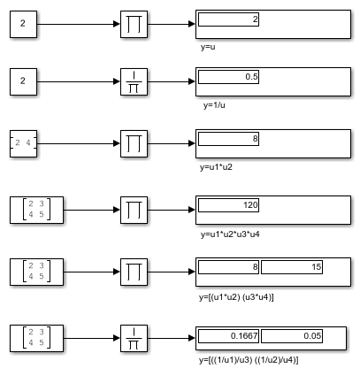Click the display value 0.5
point(251,77)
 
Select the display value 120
point(250,205)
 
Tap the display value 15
point(317,267)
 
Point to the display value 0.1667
point(244,336)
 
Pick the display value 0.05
point(312,336)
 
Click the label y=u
point(208,47)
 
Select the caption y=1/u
point(214,105)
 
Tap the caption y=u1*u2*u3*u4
point(230,234)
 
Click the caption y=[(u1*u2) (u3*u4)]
point(236,297)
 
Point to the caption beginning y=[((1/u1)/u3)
point(249,360)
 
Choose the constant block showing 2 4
point(23,143)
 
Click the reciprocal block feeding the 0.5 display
point(134,81)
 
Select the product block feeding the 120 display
point(134,210)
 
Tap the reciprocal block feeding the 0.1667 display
point(134,338)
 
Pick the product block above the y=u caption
point(134,24)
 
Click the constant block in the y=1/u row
point(23,81)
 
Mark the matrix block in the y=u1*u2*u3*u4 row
point(36,210)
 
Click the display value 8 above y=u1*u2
point(256,139)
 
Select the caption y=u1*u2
point(216,167)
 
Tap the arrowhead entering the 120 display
point(192,210)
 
